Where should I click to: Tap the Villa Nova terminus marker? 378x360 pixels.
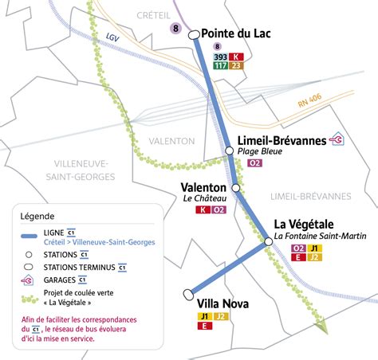pyautogui.click(x=188, y=292)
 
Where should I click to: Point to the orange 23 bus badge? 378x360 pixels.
pyautogui.click(x=236, y=66)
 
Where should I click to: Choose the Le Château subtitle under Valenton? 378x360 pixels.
pyautogui.click(x=205, y=198)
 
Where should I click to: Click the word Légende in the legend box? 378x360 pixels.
pyautogui.click(x=37, y=216)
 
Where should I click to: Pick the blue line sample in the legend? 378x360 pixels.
pyautogui.click(x=33, y=237)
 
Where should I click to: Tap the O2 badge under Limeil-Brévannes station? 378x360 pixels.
pyautogui.click(x=255, y=163)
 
